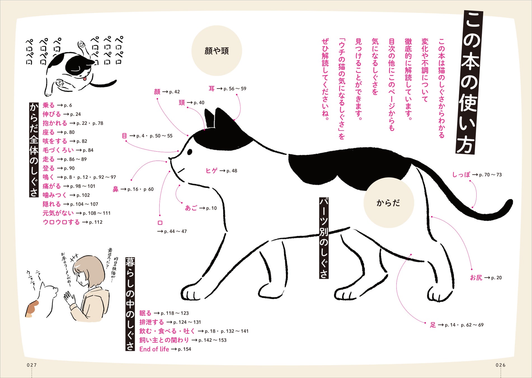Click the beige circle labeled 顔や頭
click(x=216, y=51)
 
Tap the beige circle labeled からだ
click(x=389, y=202)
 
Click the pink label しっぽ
click(x=461, y=174)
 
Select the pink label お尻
click(x=476, y=277)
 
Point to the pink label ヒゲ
click(x=211, y=171)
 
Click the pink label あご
click(x=191, y=208)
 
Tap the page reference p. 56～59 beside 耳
click(x=235, y=89)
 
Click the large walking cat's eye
click(x=190, y=152)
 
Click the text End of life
click(x=154, y=349)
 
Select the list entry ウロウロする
click(x=61, y=222)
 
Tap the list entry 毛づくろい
click(x=58, y=150)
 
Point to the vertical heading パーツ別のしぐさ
click(x=324, y=238)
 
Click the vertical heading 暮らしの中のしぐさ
click(x=130, y=304)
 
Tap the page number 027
click(x=32, y=365)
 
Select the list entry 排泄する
click(x=152, y=322)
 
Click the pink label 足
click(x=433, y=325)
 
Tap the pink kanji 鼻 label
click(x=116, y=189)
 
